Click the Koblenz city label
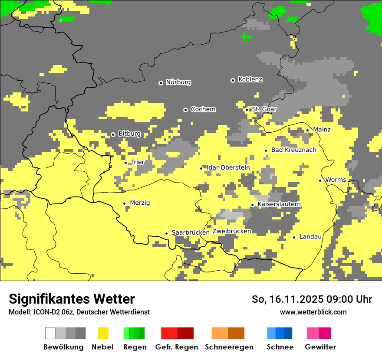coord(250,80)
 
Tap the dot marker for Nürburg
coord(161,82)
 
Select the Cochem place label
coord(203,109)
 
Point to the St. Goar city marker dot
coord(247,110)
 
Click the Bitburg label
coord(129,134)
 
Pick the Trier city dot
coord(126,163)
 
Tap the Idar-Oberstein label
coord(228,168)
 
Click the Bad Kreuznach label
coord(293,150)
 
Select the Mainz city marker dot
coord(307,130)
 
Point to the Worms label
coord(336,180)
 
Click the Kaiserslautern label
coord(279,204)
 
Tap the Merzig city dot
coord(124,203)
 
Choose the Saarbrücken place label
coord(191,233)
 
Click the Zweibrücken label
coord(232,232)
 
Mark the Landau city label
coord(310,237)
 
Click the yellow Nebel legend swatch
coord(103,333)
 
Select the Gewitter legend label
coord(320,347)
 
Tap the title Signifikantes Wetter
coord(72,299)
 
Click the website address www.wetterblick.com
coord(313,312)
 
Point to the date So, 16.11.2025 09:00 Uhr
coord(312,299)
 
